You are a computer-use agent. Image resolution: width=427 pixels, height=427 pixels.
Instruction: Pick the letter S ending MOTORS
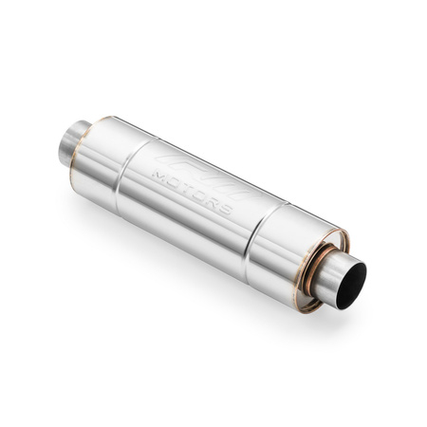224,208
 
